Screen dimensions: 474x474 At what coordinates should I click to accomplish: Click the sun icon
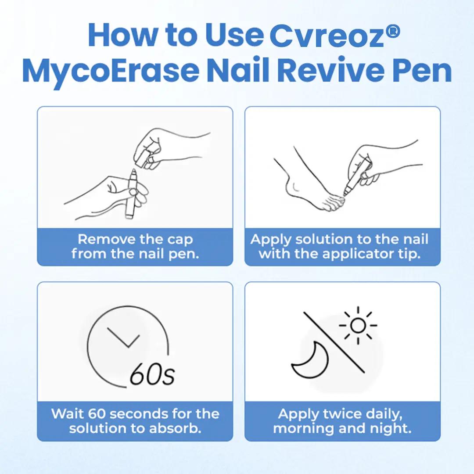358,326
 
